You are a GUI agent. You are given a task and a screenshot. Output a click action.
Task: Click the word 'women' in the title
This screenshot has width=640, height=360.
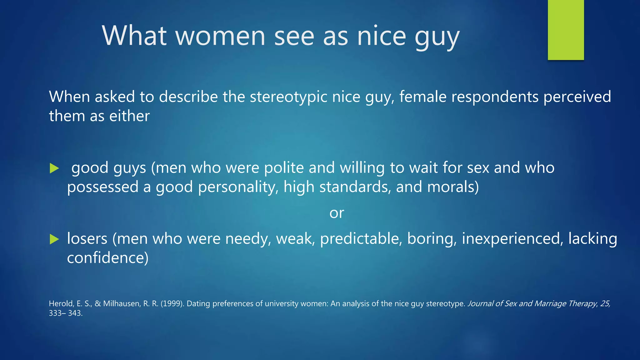(220, 36)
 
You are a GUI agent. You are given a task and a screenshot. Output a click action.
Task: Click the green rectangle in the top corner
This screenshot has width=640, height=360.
(566, 30)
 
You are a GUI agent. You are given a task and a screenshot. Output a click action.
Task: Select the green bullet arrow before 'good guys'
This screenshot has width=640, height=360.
(54, 168)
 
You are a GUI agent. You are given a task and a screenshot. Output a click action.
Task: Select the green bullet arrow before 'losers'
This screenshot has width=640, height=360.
(54, 239)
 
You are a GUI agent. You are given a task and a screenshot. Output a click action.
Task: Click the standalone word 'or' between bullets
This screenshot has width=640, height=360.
(337, 213)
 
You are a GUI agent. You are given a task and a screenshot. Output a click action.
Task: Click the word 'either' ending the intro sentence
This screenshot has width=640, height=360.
(129, 116)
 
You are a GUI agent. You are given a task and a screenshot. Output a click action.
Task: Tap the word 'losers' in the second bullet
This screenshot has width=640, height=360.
(87, 239)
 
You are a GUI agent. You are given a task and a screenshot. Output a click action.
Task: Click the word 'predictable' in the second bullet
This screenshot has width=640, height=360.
(361, 239)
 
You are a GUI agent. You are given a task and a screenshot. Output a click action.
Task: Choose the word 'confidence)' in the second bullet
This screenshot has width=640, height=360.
(108, 258)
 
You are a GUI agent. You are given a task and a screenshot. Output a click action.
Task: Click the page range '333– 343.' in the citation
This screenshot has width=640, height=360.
(66, 313)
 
